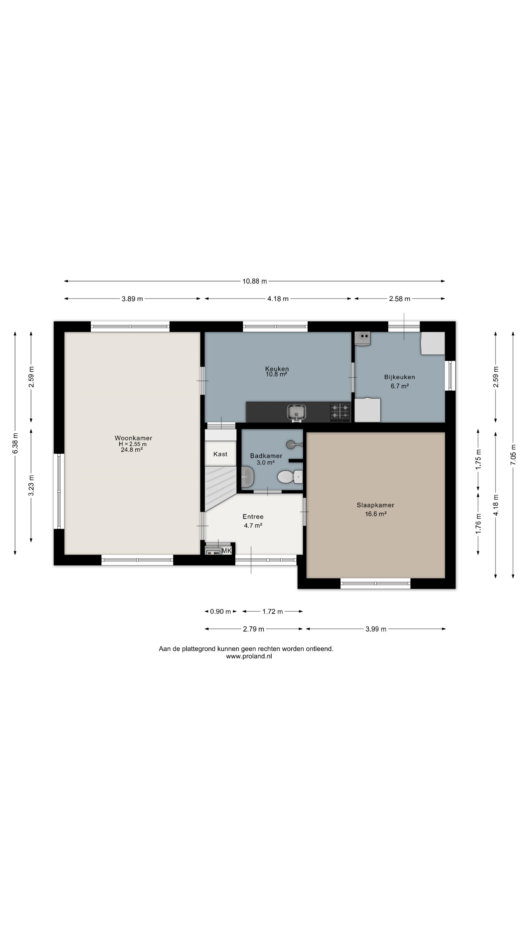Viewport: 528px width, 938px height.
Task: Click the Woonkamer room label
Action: tap(133, 438)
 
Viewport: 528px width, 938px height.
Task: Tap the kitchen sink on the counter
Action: tap(296, 413)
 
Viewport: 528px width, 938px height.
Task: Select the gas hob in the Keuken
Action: tap(340, 412)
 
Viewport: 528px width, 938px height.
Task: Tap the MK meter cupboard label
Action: tap(227, 551)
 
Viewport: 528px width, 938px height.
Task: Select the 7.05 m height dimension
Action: tap(513, 454)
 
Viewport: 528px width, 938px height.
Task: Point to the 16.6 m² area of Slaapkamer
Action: tap(376, 514)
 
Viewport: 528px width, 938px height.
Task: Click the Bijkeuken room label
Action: tap(399, 377)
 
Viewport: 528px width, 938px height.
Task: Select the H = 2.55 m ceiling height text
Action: tap(133, 444)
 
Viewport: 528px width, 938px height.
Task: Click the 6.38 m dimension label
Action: tap(15, 444)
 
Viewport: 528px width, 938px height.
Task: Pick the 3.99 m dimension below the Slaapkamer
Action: tap(376, 629)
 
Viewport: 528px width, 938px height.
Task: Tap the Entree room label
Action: tap(253, 517)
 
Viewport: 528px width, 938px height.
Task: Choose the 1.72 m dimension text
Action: tap(273, 611)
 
